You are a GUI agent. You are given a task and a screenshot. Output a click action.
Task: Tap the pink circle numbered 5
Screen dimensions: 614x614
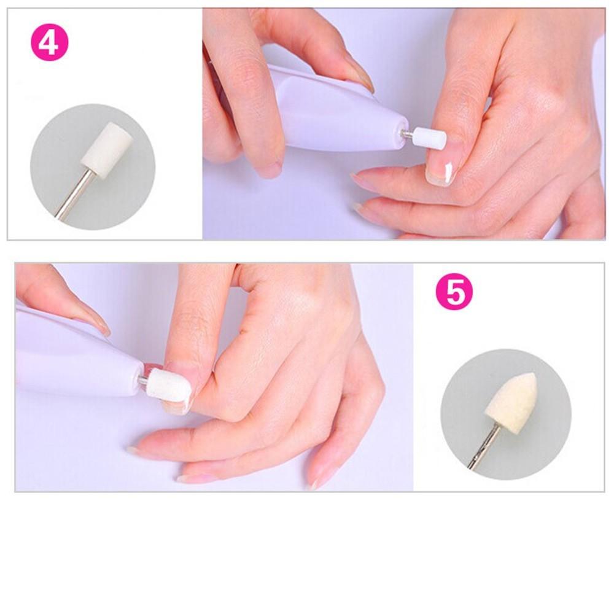(x=454, y=292)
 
